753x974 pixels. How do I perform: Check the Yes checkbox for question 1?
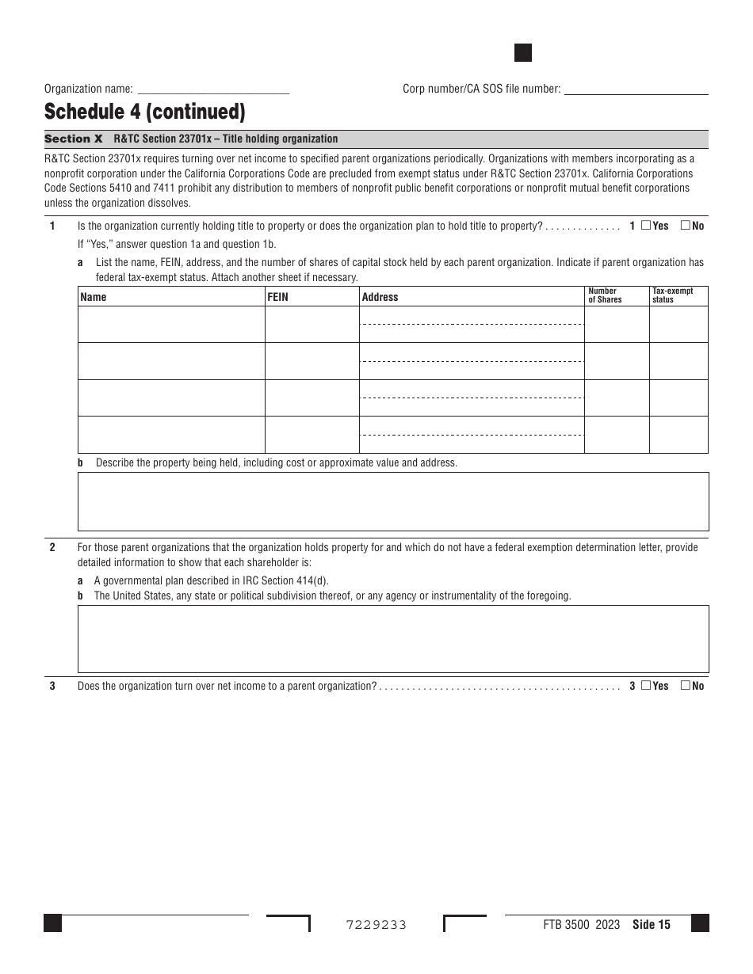pos(645,226)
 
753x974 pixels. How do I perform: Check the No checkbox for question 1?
pos(685,226)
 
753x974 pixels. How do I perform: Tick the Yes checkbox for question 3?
pos(645,686)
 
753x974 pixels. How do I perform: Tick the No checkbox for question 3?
pos(685,686)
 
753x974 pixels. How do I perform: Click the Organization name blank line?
pos(213,89)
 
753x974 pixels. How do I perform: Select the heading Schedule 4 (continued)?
pos(144,112)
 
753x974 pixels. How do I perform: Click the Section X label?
pos(74,139)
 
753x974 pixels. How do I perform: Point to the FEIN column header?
pos(278,297)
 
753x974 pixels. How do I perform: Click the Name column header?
pos(94,297)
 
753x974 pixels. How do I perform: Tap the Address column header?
pos(380,297)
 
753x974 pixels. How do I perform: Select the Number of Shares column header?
pos(605,295)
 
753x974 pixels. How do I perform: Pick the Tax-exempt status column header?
pos(672,295)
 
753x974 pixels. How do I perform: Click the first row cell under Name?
pos(171,325)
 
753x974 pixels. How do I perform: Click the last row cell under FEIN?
pos(312,435)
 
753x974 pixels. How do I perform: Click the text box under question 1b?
pos(393,501)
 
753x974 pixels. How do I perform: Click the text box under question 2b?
pos(393,639)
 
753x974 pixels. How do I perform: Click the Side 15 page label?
pos(652,924)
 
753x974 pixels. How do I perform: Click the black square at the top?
pos(523,53)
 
